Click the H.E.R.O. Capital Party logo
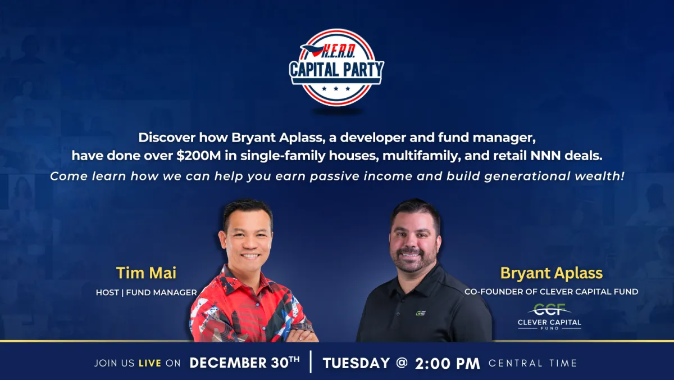tap(336, 67)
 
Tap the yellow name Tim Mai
tap(146, 273)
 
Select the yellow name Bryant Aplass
tap(551, 273)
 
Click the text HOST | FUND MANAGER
tap(146, 292)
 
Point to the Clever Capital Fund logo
tap(549, 316)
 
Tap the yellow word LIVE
tap(150, 363)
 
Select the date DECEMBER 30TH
tap(245, 362)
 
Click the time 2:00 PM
tap(448, 364)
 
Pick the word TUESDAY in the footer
tap(356, 363)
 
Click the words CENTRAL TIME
tap(532, 363)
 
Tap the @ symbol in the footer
tap(402, 363)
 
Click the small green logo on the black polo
tap(420, 313)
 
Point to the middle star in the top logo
tap(336, 88)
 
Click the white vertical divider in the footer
tap(311, 361)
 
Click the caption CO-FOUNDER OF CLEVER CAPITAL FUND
tap(551, 292)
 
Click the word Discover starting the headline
tap(167, 138)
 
